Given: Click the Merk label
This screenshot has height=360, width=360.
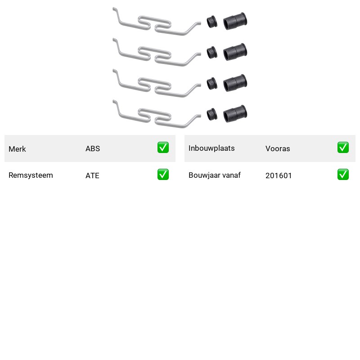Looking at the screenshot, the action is pyautogui.click(x=17, y=149).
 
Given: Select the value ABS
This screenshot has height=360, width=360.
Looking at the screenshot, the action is pyautogui.click(x=93, y=148).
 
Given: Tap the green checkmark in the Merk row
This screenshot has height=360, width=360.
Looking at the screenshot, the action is pyautogui.click(x=163, y=148).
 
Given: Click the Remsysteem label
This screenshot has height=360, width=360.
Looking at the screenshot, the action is pyautogui.click(x=31, y=175).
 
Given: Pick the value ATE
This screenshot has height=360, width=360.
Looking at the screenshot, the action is pyautogui.click(x=92, y=175).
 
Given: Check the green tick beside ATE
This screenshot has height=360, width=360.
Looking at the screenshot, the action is pyautogui.click(x=163, y=175).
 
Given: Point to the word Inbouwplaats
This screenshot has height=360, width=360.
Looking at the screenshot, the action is pyautogui.click(x=211, y=148).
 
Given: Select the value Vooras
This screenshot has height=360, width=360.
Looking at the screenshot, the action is pyautogui.click(x=278, y=148).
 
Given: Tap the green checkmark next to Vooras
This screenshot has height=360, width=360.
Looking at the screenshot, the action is pyautogui.click(x=343, y=148).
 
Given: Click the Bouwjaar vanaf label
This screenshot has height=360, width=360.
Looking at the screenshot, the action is pyautogui.click(x=215, y=175).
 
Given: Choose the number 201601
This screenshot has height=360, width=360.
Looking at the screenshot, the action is pyautogui.click(x=279, y=175).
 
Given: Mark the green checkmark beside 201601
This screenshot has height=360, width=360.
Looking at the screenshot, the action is pyautogui.click(x=343, y=175).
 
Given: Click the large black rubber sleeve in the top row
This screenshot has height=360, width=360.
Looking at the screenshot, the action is pyautogui.click(x=235, y=21).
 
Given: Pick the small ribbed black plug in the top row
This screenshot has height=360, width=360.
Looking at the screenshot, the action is pyautogui.click(x=212, y=22).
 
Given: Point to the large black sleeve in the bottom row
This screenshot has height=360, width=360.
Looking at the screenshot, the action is pyautogui.click(x=235, y=114).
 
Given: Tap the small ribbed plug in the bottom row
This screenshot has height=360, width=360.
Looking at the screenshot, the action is pyautogui.click(x=212, y=114).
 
